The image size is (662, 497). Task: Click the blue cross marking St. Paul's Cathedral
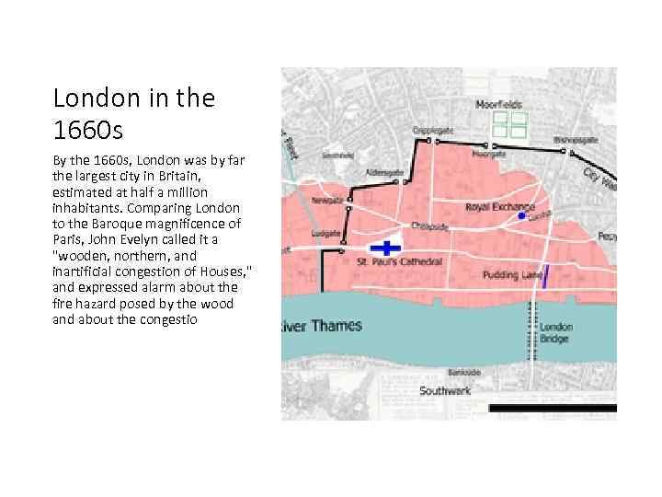click(387, 248)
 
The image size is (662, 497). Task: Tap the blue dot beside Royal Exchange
click(521, 215)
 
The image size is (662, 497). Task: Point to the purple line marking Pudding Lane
click(545, 276)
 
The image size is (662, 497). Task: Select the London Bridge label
click(555, 332)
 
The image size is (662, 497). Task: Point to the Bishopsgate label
click(576, 140)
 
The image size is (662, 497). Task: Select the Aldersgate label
click(384, 172)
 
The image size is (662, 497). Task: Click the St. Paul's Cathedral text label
click(399, 262)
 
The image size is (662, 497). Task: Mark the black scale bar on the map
click(552, 407)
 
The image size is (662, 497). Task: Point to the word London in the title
click(91, 97)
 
